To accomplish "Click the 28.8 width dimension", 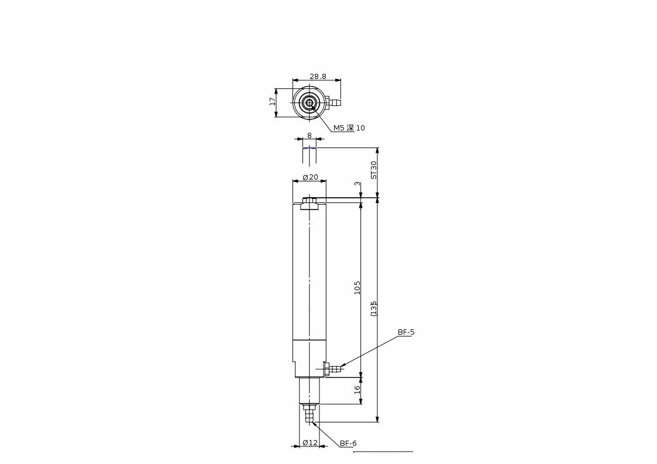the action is click(x=318, y=76).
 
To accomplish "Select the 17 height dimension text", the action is click(x=273, y=101).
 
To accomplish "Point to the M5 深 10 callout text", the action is click(x=349, y=128).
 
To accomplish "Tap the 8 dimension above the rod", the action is click(x=309, y=135).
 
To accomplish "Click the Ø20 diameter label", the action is click(x=311, y=177).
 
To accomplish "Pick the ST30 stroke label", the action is click(x=374, y=170).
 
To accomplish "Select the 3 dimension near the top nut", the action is click(x=357, y=184).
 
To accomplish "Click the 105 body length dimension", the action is click(x=357, y=287).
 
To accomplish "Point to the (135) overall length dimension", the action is click(x=374, y=308).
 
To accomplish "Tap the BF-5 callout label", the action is click(x=406, y=332).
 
